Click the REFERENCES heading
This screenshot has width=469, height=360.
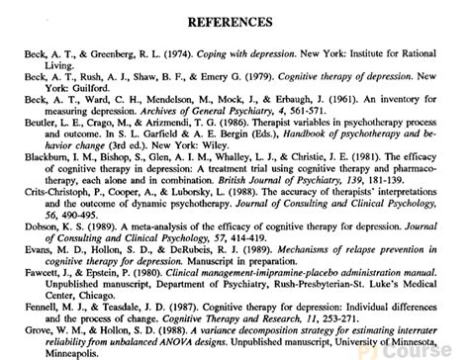tap(234, 21)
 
